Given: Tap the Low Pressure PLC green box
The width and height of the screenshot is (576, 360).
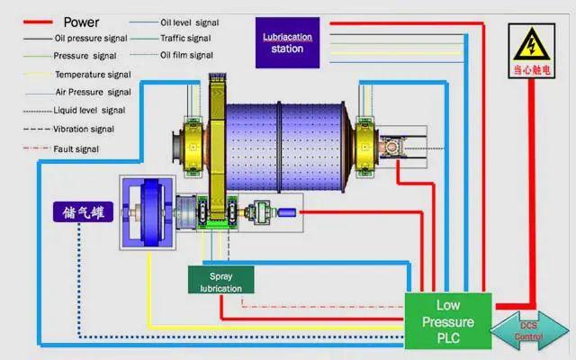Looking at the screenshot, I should coord(448,321).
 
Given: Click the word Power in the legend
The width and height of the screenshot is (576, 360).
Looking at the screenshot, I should coord(81,22).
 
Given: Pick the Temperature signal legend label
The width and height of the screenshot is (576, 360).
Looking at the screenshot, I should coord(93,74).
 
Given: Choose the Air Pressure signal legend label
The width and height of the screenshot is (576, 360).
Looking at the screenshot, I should coord(94,92).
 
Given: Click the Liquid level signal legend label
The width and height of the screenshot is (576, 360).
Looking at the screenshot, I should coord(89,111).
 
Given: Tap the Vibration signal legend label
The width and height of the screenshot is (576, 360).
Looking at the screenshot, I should coord(88,129).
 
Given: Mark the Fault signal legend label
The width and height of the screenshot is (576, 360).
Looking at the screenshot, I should coord(76,148).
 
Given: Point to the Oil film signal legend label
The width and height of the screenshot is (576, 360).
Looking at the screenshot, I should coord(187,55).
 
